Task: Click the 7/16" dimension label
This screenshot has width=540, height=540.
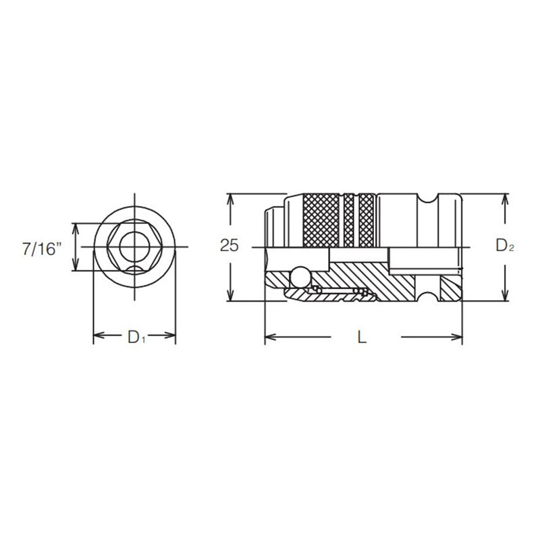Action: [42, 248]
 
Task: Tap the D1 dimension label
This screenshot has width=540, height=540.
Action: [136, 335]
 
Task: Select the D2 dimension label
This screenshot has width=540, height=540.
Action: [505, 247]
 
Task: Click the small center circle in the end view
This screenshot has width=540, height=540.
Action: [134, 247]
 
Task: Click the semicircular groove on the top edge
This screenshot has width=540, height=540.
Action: [427, 198]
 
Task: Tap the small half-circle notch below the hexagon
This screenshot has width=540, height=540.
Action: [134, 269]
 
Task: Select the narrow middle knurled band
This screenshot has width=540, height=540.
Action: [348, 221]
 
